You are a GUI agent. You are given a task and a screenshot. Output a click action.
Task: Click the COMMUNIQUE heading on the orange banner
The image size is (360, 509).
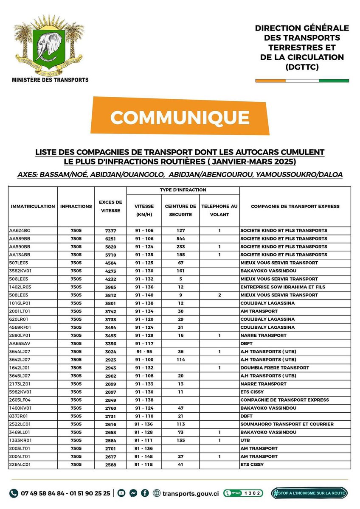point(180,117)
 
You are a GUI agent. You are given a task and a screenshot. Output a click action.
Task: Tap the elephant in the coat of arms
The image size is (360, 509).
point(50,46)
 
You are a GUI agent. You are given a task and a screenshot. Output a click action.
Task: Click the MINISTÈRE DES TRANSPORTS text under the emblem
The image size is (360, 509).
point(50,80)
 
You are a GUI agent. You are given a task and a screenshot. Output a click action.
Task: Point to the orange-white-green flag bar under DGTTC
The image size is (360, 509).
point(302,80)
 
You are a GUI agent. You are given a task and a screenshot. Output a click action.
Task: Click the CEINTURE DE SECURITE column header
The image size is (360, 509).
point(180,210)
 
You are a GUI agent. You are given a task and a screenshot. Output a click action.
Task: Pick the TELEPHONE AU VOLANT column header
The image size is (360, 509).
point(219,210)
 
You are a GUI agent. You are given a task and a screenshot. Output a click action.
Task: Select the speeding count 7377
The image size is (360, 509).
point(110,231)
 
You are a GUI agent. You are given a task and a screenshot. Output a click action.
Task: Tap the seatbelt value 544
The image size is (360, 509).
point(180,239)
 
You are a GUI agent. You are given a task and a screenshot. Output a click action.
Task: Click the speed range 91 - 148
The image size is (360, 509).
point(144,456)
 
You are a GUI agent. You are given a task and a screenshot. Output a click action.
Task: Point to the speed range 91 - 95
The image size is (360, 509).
point(144,352)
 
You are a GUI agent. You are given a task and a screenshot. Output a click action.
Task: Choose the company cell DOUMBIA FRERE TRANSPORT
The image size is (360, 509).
point(275,368)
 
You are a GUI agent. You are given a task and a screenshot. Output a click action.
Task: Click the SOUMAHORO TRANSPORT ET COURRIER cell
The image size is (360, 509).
point(287,424)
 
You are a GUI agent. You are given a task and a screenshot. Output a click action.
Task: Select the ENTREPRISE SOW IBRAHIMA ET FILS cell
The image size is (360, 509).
point(283,287)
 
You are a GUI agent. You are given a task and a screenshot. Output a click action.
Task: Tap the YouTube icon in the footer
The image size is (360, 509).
point(121,493)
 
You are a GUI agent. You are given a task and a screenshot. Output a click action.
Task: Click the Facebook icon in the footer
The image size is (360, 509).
point(144,493)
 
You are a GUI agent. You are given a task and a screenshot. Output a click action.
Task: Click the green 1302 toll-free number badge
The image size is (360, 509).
point(243,493)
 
